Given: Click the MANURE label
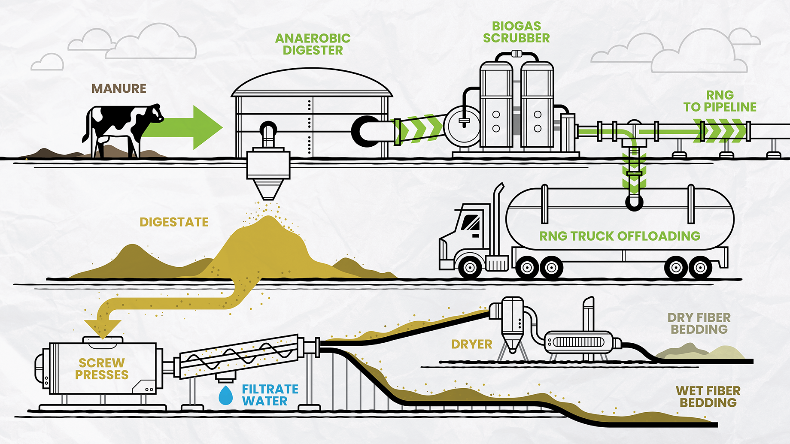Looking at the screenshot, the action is (x=119, y=88).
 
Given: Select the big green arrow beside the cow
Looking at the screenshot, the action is (x=182, y=127).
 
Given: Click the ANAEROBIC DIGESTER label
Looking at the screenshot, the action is (x=313, y=44).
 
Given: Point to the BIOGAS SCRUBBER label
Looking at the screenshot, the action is (x=517, y=32).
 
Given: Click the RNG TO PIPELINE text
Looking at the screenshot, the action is (x=720, y=101).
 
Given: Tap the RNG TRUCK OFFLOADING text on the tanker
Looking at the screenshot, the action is (x=620, y=236).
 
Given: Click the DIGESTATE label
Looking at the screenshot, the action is (x=174, y=222).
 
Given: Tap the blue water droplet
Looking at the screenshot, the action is (x=225, y=395).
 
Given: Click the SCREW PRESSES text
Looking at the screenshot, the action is (x=102, y=369).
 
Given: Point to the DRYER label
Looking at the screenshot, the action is (x=471, y=344).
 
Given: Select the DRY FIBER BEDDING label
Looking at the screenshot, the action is (x=699, y=323).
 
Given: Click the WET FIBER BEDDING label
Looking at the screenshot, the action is (x=708, y=397).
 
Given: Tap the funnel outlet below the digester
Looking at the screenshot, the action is (x=268, y=189).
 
